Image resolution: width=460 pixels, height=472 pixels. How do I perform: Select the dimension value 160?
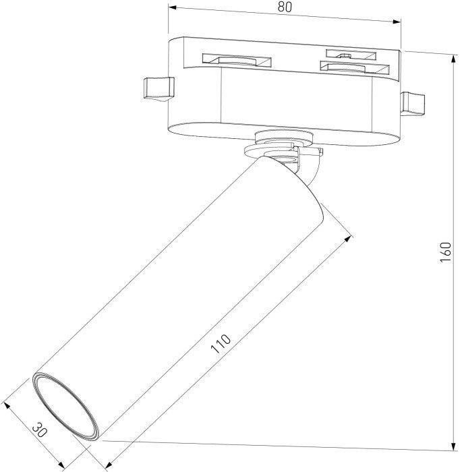click(x=445, y=252)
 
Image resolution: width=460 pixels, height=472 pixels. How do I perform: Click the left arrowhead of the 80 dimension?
click(x=172, y=9)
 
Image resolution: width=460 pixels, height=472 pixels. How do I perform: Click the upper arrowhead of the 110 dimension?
click(x=349, y=237)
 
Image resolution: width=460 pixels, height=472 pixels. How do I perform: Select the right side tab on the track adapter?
click(x=413, y=103)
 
